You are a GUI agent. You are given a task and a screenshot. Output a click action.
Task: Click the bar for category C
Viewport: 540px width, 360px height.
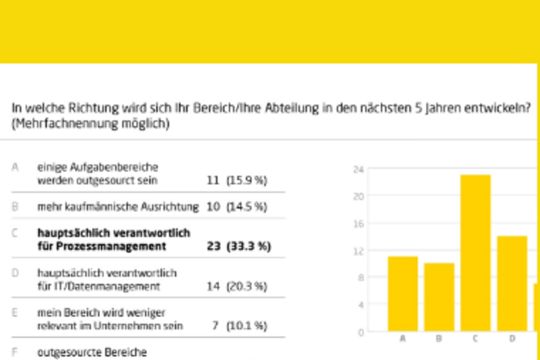(x=475, y=253)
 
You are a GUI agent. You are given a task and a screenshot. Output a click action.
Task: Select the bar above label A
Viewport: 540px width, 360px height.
(x=402, y=293)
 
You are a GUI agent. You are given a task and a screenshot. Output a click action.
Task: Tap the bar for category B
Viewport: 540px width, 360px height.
(x=439, y=297)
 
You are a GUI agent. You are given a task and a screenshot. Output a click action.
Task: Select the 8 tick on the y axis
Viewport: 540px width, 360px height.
(x=360, y=278)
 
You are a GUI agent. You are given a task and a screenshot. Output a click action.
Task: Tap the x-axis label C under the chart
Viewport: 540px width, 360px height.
(x=475, y=338)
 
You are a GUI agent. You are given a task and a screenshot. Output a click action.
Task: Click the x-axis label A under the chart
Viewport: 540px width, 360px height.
(x=403, y=338)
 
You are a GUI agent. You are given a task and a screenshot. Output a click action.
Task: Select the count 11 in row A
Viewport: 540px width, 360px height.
(x=213, y=180)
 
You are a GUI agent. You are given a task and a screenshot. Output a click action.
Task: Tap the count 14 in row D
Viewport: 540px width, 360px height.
(x=213, y=286)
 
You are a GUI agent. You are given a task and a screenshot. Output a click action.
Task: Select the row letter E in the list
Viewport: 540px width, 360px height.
(x=15, y=313)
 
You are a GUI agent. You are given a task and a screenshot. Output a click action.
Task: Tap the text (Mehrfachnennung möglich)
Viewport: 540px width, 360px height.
(x=90, y=124)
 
